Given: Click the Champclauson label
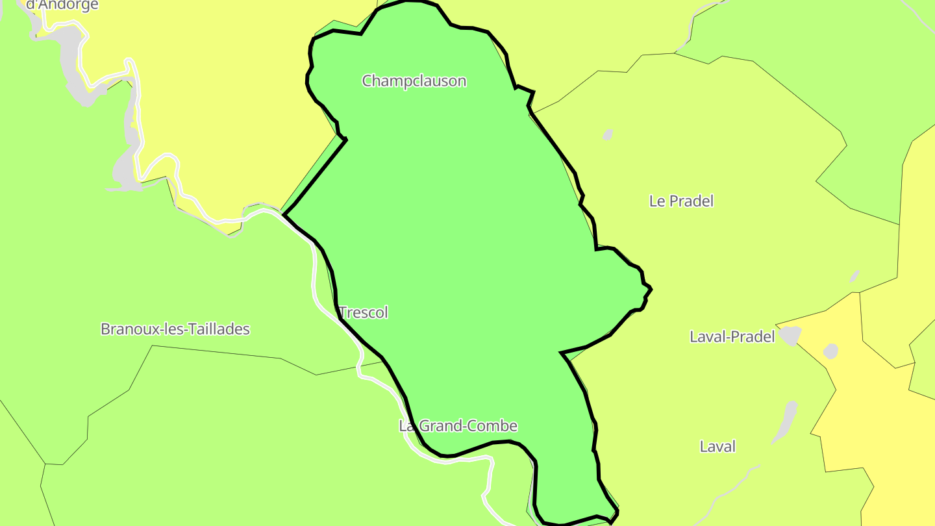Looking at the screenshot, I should tap(414, 81).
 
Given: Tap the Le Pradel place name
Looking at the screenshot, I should tap(681, 201).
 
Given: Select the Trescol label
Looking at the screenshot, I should tap(364, 313).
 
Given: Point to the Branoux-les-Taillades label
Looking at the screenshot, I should tap(175, 329).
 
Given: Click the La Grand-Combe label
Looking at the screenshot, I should tap(458, 426).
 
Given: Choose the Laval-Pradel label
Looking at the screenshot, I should tap(732, 337).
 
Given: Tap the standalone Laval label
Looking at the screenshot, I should tap(717, 447).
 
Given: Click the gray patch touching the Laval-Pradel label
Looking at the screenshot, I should tap(790, 336).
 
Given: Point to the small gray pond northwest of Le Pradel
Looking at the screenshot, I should tap(608, 135).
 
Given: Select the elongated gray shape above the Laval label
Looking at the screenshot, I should tap(786, 421).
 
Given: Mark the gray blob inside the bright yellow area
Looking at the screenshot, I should tap(830, 351).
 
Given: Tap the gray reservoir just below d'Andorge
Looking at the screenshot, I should tap(71, 58).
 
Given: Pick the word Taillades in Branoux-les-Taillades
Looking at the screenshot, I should tap(219, 329).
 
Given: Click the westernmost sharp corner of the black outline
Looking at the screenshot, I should tap(284, 214).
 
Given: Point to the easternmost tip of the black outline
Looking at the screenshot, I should tap(651, 290).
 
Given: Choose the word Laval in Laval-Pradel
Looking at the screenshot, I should tap(707, 337).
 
